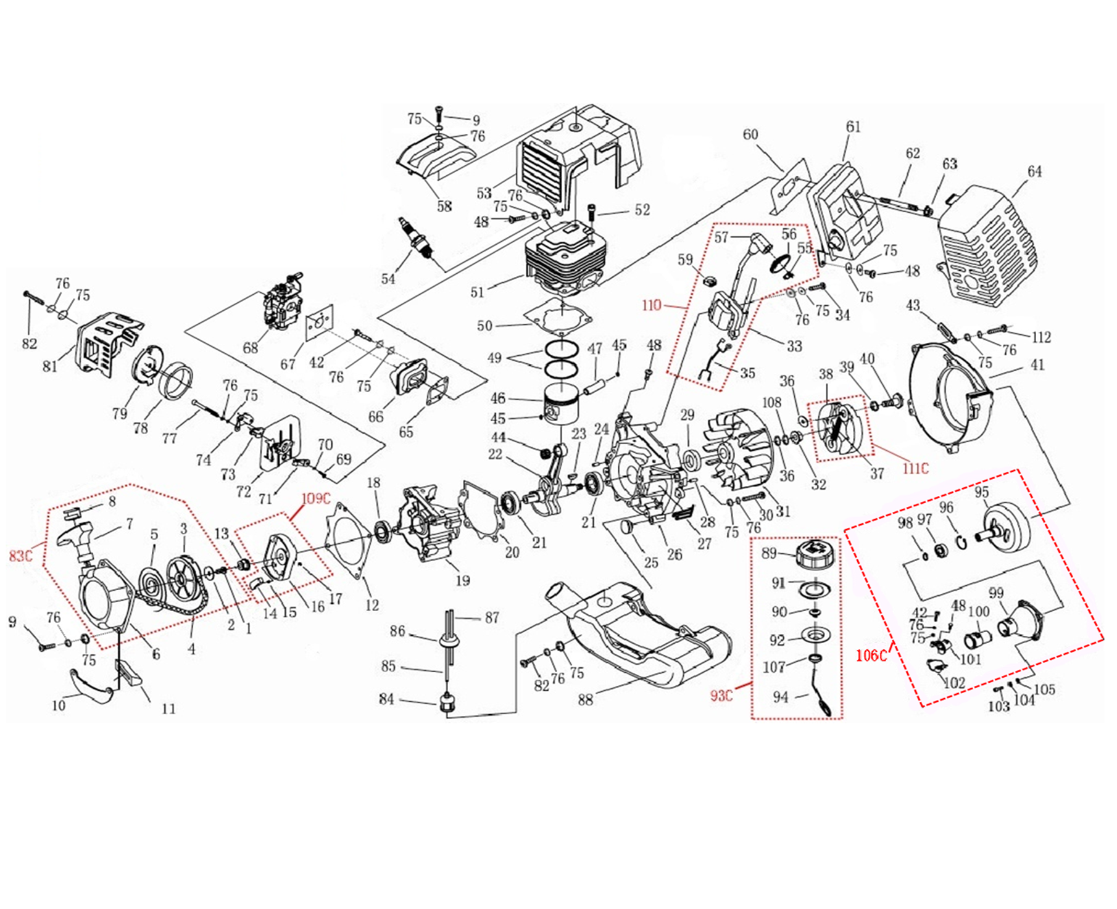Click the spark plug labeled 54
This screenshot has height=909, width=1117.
pyautogui.click(x=418, y=240)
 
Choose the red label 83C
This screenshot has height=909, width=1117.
pyautogui.click(x=20, y=556)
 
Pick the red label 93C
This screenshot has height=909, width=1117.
pyautogui.click(x=721, y=696)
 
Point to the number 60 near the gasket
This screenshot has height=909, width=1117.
pyautogui.click(x=750, y=134)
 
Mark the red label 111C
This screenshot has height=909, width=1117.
pyautogui.click(x=915, y=469)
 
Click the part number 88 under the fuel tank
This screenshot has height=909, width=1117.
pyautogui.click(x=586, y=699)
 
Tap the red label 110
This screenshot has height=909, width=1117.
pyautogui.click(x=651, y=305)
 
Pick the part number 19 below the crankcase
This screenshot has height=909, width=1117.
pyautogui.click(x=462, y=580)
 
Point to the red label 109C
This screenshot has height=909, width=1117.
pyautogui.click(x=316, y=498)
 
